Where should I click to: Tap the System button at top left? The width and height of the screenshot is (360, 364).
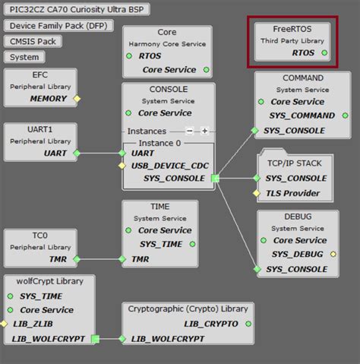pyautogui.click(x=25, y=57)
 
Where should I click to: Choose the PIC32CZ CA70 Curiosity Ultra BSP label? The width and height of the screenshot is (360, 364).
pyautogui.click(x=76, y=9)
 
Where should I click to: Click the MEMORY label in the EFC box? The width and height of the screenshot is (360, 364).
pyautogui.click(x=48, y=99)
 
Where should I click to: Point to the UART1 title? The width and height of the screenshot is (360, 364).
pyautogui.click(x=40, y=129)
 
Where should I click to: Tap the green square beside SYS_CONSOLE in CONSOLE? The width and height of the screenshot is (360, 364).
pyautogui.click(x=215, y=179)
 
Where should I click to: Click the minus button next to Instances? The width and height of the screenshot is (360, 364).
pyautogui.click(x=190, y=131)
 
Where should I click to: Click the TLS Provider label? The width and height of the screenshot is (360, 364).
pyautogui.click(x=292, y=193)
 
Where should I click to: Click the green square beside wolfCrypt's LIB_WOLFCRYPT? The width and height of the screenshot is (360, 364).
pyautogui.click(x=95, y=339)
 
